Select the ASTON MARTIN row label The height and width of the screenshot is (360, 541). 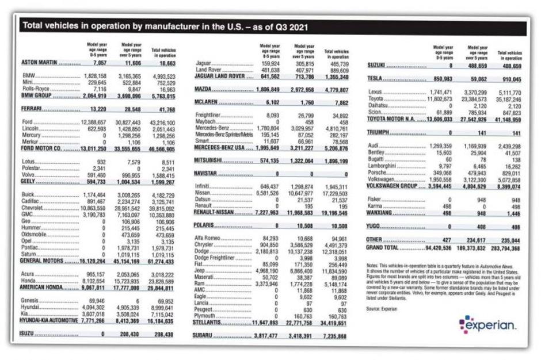click(x=41, y=62)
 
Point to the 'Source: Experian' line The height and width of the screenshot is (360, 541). click(x=382, y=308)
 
